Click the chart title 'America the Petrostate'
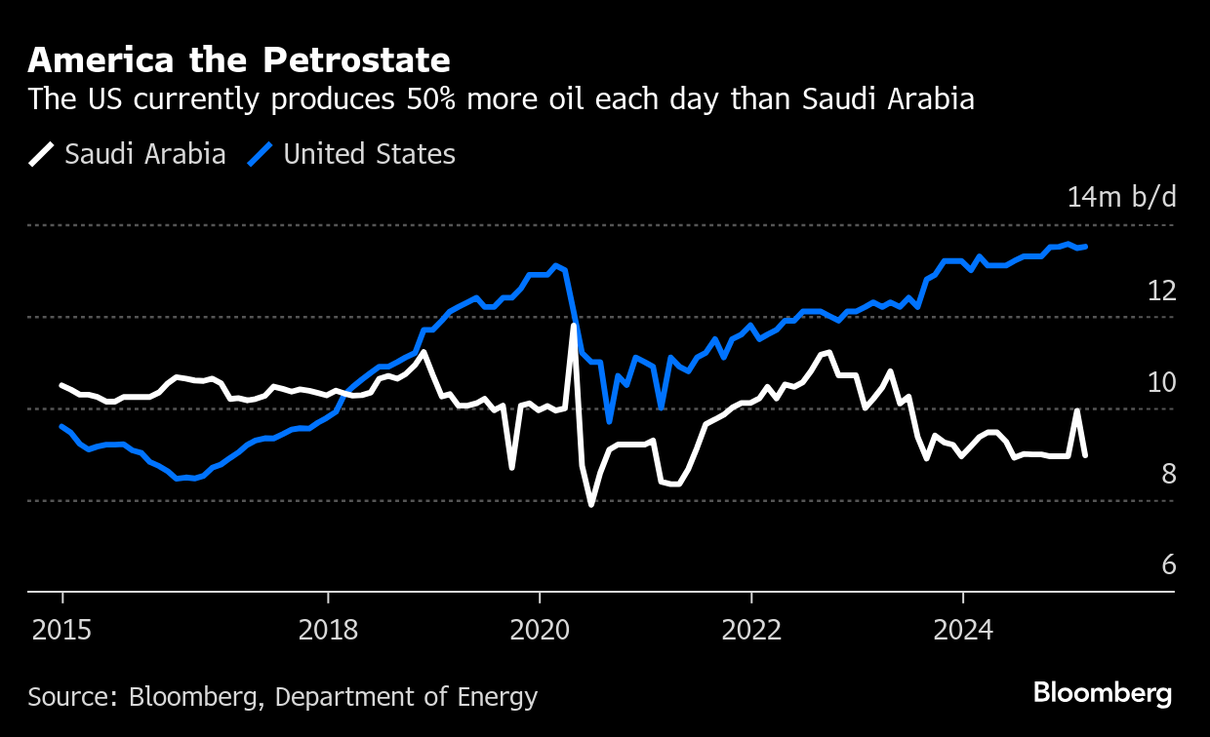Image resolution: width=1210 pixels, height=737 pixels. [x=239, y=60]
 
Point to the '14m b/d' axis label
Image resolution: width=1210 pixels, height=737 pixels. [x=1122, y=197]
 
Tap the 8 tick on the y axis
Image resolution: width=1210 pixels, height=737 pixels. [x=1168, y=474]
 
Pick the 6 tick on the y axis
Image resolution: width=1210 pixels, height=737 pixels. [x=1168, y=565]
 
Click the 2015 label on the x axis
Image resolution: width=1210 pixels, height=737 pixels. [x=62, y=629]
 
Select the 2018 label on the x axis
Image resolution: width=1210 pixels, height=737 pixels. [x=329, y=629]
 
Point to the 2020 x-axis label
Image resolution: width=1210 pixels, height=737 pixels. [x=540, y=629]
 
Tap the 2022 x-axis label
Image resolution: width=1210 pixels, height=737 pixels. [x=751, y=629]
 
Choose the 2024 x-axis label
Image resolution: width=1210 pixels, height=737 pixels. [x=962, y=629]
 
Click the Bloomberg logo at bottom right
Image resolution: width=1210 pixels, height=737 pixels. [x=1103, y=693]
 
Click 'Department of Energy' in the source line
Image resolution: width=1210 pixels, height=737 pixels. [x=406, y=697]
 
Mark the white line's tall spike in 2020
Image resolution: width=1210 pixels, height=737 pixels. [x=574, y=326]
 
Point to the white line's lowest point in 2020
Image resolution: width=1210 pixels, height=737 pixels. [x=591, y=504]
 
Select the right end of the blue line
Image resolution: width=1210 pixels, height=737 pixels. [x=1086, y=247]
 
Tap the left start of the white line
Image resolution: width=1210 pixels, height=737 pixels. [x=62, y=385]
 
